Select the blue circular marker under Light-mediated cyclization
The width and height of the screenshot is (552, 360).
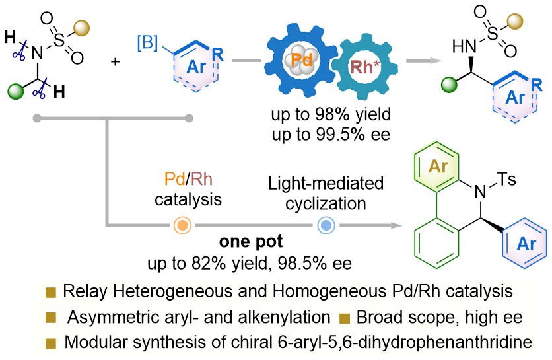click(x=325, y=225)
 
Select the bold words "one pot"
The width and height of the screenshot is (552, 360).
click(x=252, y=242)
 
